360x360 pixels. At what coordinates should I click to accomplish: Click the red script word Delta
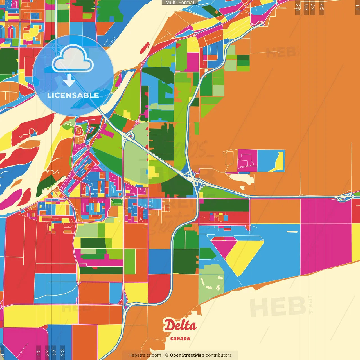(180, 326)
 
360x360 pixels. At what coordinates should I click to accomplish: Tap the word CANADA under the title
(180, 339)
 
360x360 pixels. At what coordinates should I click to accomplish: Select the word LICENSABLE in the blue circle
(73, 95)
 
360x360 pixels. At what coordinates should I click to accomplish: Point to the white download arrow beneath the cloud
(69, 81)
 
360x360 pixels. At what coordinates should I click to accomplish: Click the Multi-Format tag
(180, 3)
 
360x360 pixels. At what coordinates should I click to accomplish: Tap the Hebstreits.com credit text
(145, 355)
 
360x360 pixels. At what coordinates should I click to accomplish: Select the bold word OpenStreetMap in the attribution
(187, 355)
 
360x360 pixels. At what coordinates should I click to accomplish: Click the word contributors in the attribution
(218, 355)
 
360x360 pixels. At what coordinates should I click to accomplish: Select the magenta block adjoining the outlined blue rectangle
(247, 160)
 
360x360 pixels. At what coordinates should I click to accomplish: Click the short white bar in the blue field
(292, 232)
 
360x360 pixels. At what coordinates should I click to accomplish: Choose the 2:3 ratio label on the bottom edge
(62, 352)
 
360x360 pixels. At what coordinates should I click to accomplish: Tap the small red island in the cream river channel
(145, 48)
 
